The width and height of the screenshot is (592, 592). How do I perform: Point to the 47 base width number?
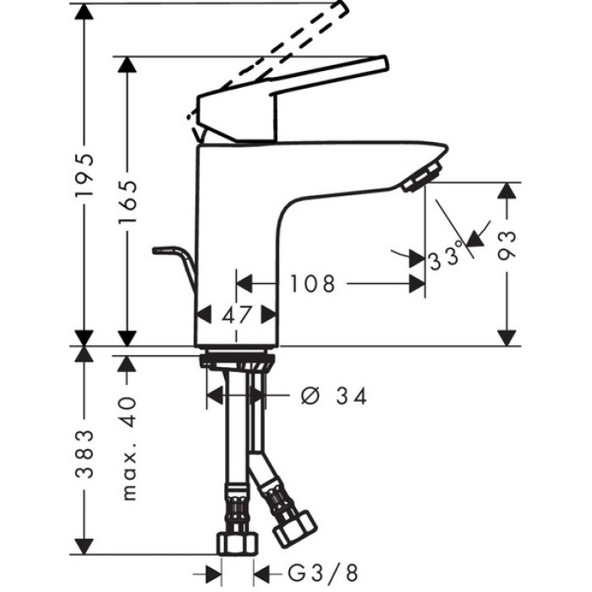237,315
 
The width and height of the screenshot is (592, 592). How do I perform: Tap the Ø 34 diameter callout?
335,396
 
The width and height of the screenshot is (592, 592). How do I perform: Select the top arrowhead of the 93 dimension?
507,190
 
